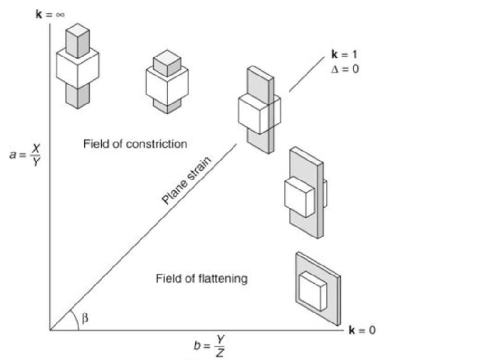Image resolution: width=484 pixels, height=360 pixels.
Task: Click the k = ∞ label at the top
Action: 50,14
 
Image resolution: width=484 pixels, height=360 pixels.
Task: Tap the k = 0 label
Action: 362,330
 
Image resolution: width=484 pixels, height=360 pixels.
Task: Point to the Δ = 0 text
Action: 344,68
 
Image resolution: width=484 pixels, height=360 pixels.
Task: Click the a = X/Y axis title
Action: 26,154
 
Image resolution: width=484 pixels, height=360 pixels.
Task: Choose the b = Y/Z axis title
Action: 209,345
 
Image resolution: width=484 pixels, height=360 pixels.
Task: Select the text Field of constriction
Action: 135,143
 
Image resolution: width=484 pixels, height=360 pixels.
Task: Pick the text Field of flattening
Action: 201,278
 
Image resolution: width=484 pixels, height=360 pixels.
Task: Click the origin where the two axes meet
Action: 50,329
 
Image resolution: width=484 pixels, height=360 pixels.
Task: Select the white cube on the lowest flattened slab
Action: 313,290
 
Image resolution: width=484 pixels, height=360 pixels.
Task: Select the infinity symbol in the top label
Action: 60,14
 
